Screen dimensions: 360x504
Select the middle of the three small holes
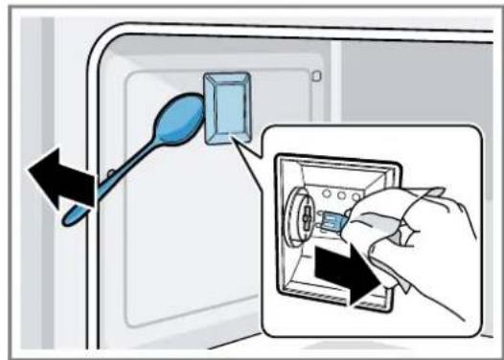pos(341,191)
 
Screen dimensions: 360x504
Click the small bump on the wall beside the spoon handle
pos(113,172)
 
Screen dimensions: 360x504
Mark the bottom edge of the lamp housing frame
pos(335,305)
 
